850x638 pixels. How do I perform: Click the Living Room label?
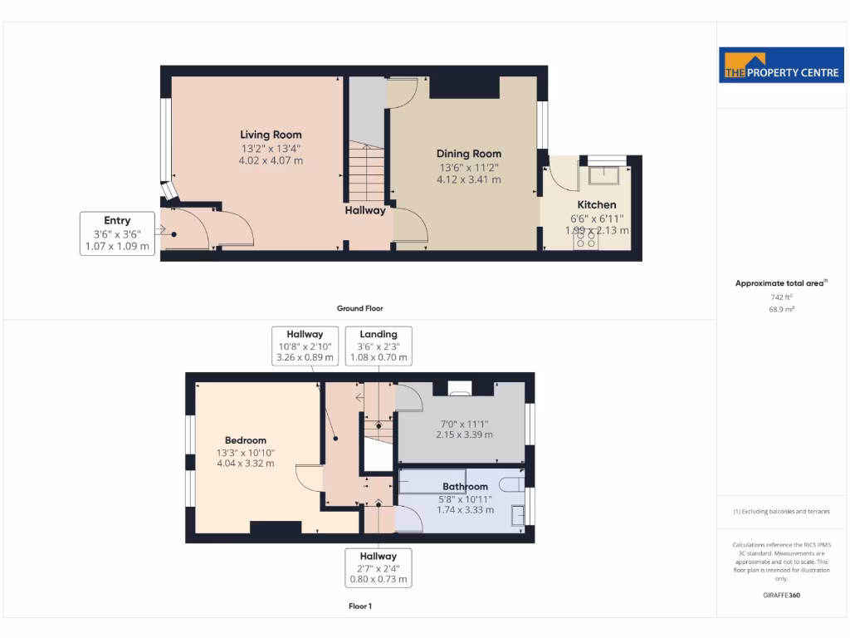point(271,135)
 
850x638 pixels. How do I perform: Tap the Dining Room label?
point(469,154)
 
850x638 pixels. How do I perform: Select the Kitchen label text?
point(597,205)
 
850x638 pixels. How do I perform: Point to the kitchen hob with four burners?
point(585,239)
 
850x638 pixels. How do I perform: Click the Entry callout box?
point(117,233)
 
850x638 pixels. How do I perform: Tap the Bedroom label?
point(246,440)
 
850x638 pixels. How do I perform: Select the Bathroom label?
point(465,487)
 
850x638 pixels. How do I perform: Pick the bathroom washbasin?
point(518,515)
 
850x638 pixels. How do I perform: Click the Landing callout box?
point(379,346)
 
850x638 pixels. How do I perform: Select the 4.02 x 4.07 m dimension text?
point(271,160)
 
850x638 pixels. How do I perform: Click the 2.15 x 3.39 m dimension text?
point(465,434)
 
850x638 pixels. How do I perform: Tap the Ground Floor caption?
point(359,308)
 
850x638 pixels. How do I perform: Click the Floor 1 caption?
point(359,606)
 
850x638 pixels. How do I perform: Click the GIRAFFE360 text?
point(780,595)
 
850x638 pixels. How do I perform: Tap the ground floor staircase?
point(366,170)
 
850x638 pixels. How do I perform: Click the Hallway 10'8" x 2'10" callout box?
point(305,346)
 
